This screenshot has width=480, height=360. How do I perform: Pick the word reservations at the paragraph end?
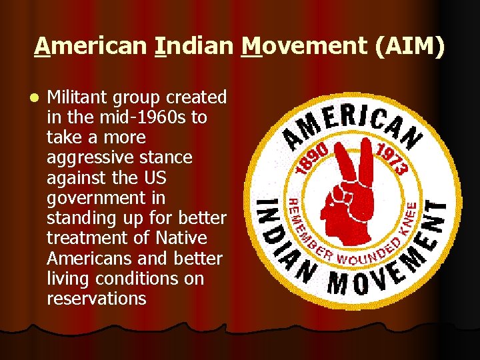96,298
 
